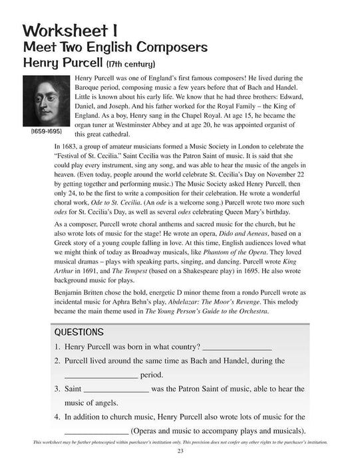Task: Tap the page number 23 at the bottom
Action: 180,454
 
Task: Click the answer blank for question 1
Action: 237,348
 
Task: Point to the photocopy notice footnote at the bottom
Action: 180,443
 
